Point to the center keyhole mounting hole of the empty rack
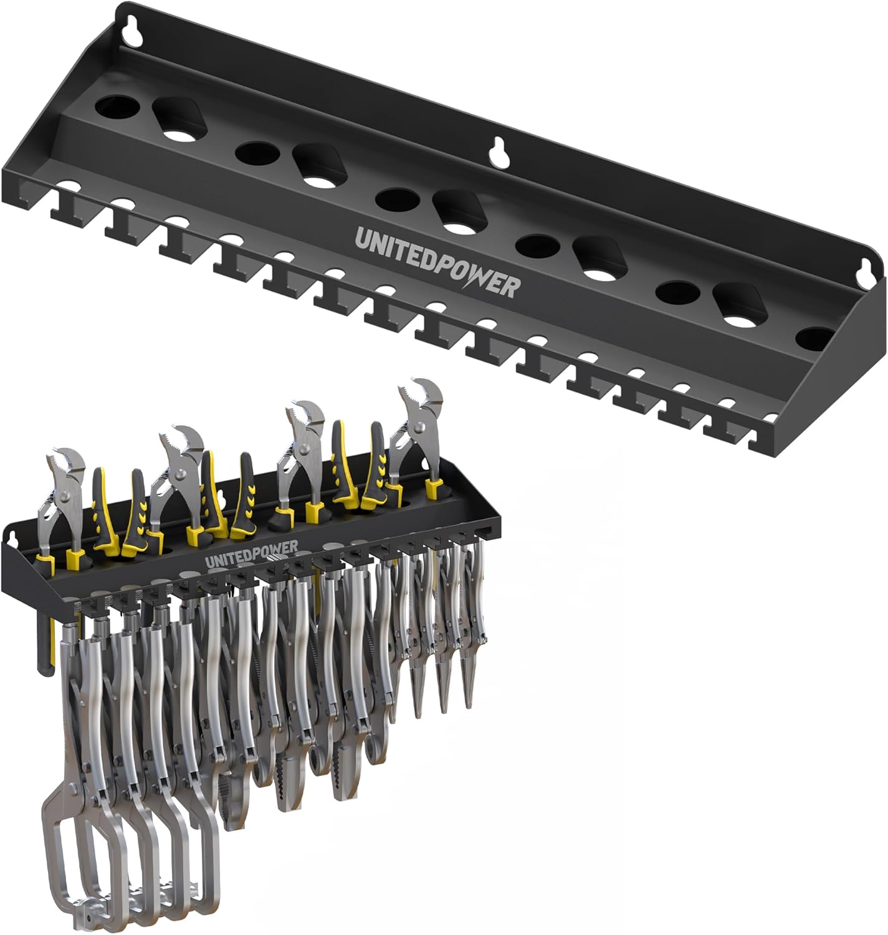(497, 152)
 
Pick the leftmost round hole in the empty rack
(118, 107)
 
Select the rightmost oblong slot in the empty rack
(742, 306)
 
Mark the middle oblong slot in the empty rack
(461, 212)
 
